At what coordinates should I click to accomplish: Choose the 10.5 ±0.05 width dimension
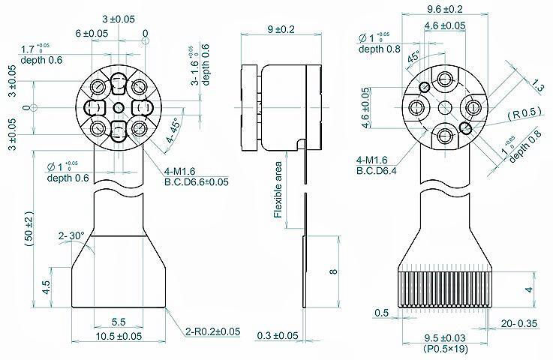[x=118, y=336]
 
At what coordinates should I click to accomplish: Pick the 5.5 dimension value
[x=118, y=322]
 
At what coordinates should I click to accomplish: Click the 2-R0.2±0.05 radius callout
[x=213, y=331]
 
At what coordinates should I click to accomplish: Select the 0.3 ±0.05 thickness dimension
[x=277, y=335]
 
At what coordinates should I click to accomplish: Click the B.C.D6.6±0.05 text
[x=197, y=181]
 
